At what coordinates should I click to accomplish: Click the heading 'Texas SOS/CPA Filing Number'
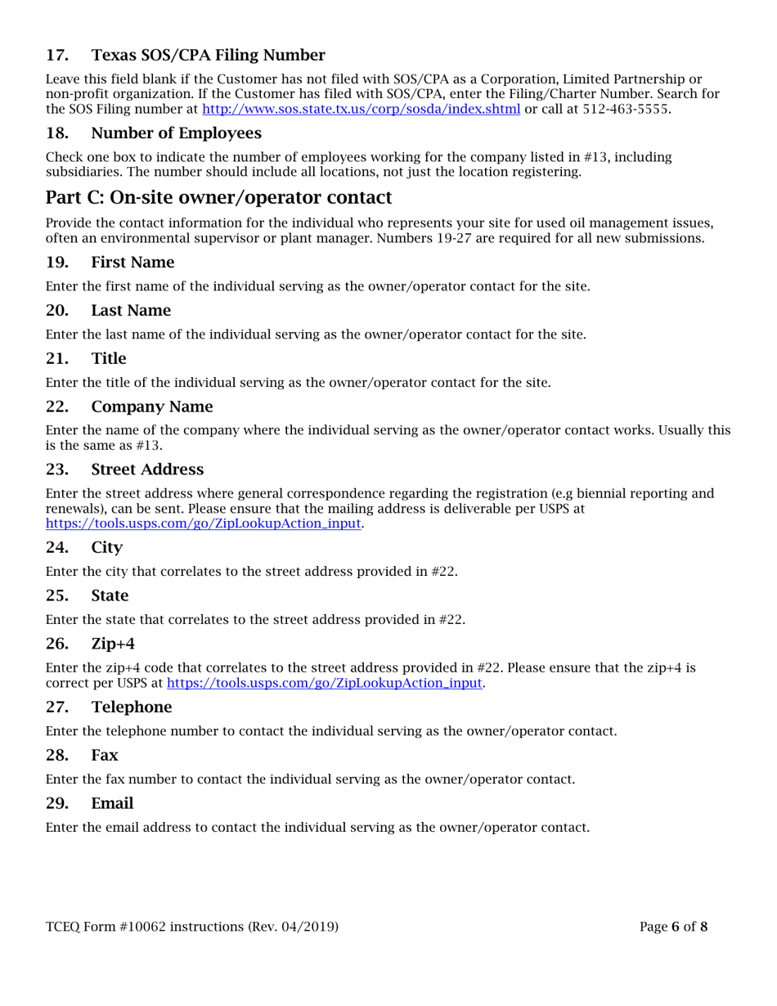coord(208,56)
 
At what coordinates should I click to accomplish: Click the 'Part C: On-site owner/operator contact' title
coord(219,198)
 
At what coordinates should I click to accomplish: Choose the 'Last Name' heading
coord(131,310)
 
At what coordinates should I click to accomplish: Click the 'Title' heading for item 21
coord(109,357)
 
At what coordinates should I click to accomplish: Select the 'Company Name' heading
coord(151,406)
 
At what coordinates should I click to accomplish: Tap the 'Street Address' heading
coord(147,469)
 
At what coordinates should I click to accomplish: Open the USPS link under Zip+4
coord(325,682)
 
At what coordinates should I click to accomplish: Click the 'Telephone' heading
coord(131,706)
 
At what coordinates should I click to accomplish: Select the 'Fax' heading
coord(105,754)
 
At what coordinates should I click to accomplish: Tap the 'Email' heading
coord(112,802)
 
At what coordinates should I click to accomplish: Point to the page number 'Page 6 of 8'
coord(673,927)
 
